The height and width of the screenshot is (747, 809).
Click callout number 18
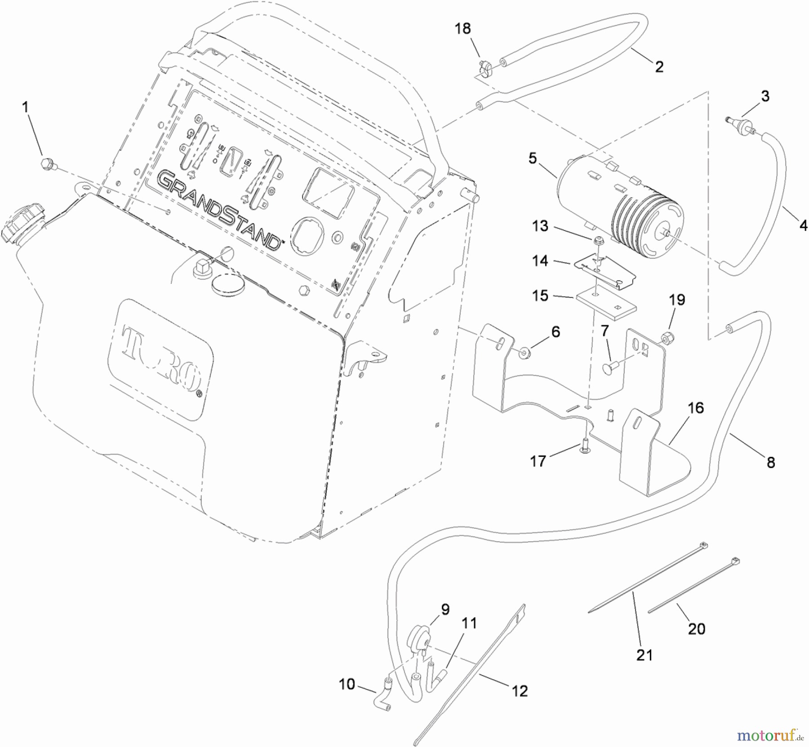462,28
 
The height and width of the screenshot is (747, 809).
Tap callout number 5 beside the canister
533,158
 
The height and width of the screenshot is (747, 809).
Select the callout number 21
644,655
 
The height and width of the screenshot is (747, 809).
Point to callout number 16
696,408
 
